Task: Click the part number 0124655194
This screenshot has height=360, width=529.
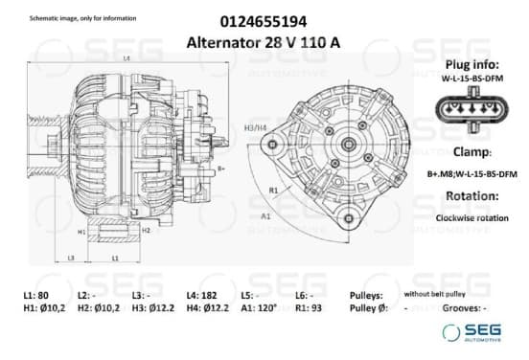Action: click(x=264, y=22)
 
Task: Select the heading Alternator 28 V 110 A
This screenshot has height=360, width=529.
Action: click(x=264, y=43)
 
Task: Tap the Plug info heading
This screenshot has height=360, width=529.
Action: click(x=472, y=64)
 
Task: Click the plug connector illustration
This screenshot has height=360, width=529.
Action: click(x=472, y=110)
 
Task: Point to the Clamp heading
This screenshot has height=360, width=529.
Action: click(x=472, y=152)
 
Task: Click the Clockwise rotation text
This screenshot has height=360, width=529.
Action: click(x=472, y=218)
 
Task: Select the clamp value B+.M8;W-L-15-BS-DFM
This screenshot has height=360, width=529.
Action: click(x=472, y=174)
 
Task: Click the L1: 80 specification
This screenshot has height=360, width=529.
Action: click(x=36, y=295)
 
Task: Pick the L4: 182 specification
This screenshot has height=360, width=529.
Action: click(x=202, y=295)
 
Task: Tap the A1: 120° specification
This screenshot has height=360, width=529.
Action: click(x=259, y=308)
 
